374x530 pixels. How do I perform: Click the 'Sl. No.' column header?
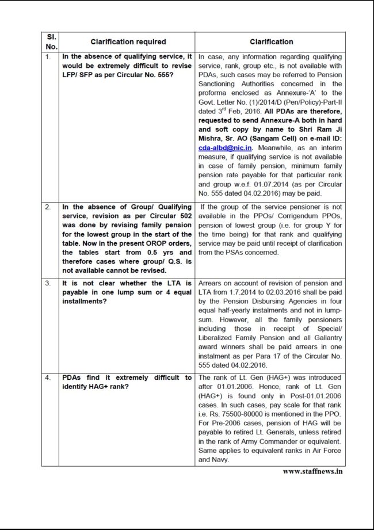pyautogui.click(x=50, y=41)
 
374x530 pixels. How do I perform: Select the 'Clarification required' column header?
pyautogui.click(x=128, y=42)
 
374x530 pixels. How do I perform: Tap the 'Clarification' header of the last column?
pyautogui.click(x=271, y=42)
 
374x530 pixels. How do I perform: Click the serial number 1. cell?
pyautogui.click(x=48, y=58)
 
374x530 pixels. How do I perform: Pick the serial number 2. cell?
pyautogui.click(x=48, y=206)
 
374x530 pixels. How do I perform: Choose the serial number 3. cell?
pyautogui.click(x=48, y=284)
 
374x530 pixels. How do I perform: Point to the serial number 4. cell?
pyautogui.click(x=48, y=378)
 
